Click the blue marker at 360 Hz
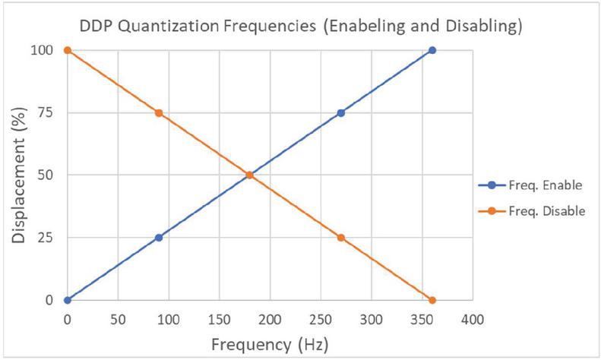point(432,50)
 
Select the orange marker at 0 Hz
point(68,50)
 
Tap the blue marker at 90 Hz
point(159,238)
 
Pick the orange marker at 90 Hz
point(159,113)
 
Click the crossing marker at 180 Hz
point(250,175)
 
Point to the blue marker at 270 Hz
point(341,113)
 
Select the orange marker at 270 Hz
point(341,238)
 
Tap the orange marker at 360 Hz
point(432,300)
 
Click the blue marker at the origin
point(68,300)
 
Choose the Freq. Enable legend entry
point(532,185)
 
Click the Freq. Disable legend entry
point(532,211)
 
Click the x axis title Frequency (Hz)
point(270,344)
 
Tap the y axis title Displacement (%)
point(18,175)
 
